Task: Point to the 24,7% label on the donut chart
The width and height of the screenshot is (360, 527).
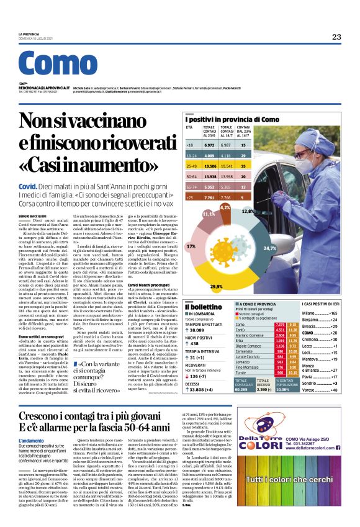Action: (x=270, y=248)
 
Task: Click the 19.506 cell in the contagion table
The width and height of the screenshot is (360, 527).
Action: (x=211, y=166)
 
